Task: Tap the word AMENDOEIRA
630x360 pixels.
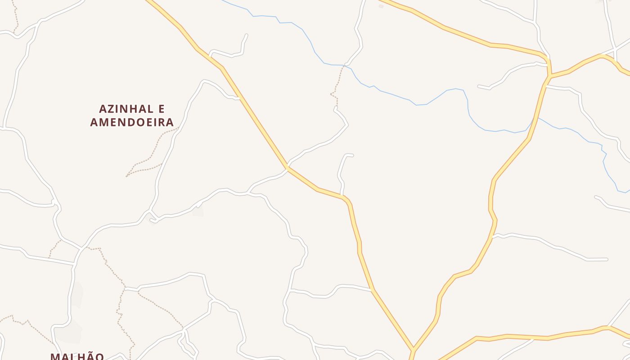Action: click(132, 122)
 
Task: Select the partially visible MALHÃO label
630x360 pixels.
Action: click(77, 356)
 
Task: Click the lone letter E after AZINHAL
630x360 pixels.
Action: click(161, 109)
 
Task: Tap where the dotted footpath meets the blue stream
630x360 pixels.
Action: click(344, 66)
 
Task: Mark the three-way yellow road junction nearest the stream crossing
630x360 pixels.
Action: click(549, 76)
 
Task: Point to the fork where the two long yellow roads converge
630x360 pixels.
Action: click(412, 349)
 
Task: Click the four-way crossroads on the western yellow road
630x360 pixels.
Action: click(287, 168)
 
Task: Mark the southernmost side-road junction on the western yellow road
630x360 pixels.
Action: click(373, 290)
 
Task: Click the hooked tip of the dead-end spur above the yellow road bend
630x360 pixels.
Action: click(351, 156)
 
